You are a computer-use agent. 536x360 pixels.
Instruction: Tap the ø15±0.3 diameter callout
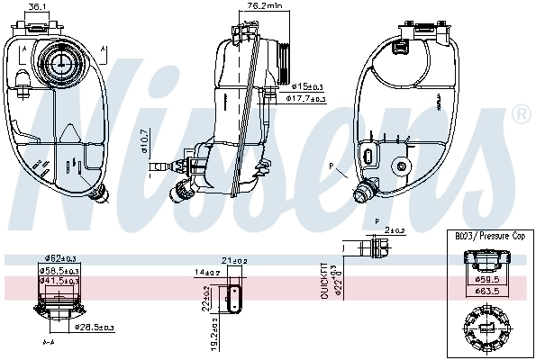[309, 86]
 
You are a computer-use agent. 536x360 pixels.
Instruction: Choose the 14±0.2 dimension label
[207, 271]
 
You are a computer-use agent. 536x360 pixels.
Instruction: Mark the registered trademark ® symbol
[520, 114]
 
